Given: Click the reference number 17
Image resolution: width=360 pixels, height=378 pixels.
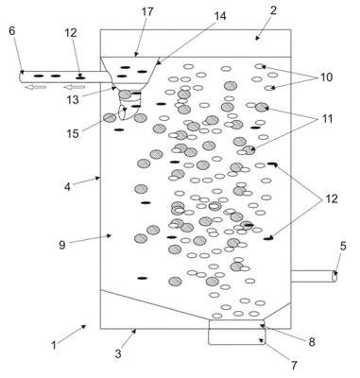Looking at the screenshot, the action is (147, 12).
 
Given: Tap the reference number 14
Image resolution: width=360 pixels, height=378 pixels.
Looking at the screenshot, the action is (220, 16).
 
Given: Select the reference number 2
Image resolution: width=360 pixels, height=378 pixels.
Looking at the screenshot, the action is (273, 10).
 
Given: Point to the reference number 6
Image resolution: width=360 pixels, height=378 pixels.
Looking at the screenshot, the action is (11, 31).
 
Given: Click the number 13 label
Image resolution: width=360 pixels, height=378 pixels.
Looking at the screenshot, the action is (73, 100).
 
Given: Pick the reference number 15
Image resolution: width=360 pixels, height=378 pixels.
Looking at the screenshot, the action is (73, 133).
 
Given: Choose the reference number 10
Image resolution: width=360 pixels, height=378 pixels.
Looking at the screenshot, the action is (327, 77).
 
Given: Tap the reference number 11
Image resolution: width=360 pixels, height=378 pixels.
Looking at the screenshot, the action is (327, 119).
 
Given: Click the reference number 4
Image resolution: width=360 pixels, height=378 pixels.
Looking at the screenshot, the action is (67, 187).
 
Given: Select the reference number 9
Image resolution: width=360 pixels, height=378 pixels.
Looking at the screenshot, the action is (62, 245).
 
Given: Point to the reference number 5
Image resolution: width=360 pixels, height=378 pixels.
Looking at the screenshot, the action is (343, 247).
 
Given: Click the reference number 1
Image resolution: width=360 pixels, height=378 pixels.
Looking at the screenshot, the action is (54, 345).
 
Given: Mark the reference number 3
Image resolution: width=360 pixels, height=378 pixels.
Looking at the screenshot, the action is (118, 353).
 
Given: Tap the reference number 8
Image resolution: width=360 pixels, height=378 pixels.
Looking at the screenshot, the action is (312, 342).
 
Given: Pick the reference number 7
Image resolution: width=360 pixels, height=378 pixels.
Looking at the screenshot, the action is (294, 366).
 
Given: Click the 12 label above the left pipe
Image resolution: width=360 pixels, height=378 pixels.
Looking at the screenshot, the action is (71, 33).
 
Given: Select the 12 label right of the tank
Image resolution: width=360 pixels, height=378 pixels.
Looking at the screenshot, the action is (332, 198).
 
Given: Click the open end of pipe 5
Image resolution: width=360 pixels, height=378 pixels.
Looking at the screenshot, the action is (335, 276).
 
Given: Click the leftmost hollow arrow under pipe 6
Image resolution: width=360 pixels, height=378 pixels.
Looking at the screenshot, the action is (36, 87).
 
